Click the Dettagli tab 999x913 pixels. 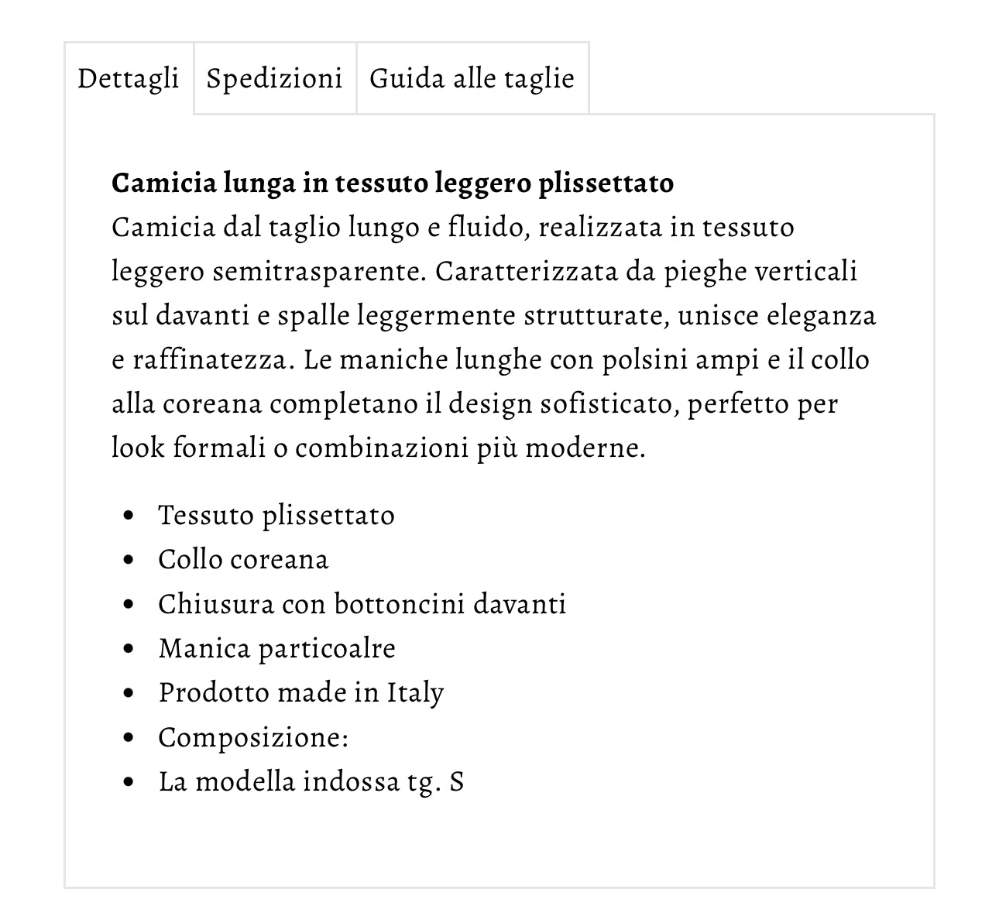click(x=128, y=78)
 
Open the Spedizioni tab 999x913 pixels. click(x=274, y=78)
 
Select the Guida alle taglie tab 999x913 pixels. click(x=472, y=78)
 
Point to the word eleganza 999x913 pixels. click(x=821, y=316)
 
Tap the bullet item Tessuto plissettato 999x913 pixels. click(x=276, y=516)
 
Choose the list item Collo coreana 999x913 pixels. click(x=243, y=560)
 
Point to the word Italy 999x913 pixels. click(x=415, y=693)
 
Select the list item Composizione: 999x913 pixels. click(x=253, y=737)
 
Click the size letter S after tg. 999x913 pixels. click(x=456, y=781)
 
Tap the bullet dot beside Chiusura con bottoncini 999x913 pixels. click(x=129, y=605)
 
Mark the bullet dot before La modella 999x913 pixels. click(x=129, y=782)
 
